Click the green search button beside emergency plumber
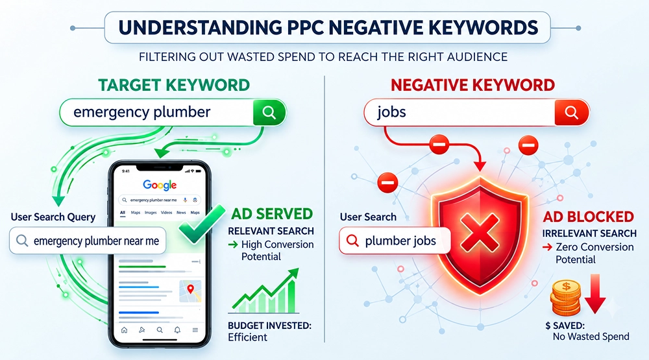(x=269, y=112)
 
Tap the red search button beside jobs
(x=572, y=112)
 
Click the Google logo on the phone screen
(x=160, y=185)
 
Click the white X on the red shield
(x=480, y=232)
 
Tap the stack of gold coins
(x=565, y=297)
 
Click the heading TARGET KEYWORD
(x=174, y=85)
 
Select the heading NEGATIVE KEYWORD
(x=472, y=85)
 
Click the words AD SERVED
(x=272, y=214)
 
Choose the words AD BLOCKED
(x=588, y=217)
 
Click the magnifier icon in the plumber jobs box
(x=352, y=241)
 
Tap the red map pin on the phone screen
(x=190, y=289)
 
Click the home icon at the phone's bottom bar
(x=124, y=330)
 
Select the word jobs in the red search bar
(x=391, y=112)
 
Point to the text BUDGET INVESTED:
(x=269, y=326)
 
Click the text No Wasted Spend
(x=591, y=337)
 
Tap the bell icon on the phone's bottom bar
(x=177, y=330)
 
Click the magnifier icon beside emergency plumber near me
(x=22, y=241)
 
